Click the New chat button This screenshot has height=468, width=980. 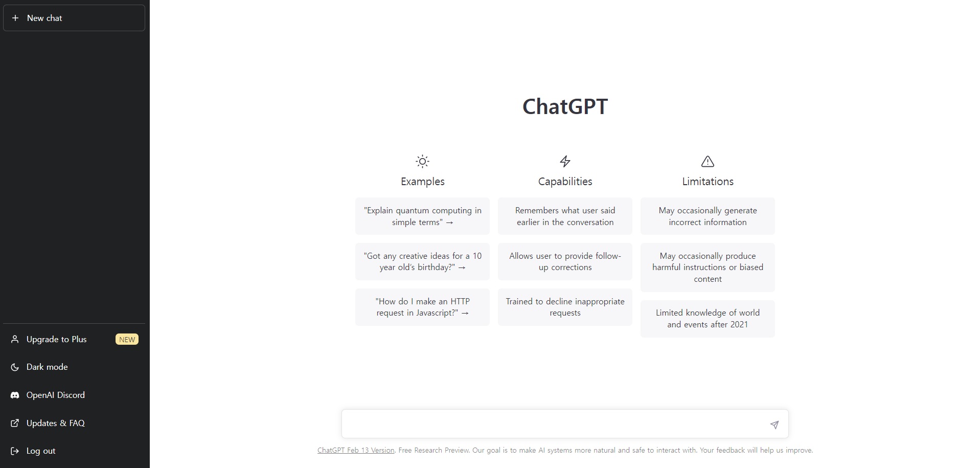pos(74,18)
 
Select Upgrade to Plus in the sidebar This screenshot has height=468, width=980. pos(56,339)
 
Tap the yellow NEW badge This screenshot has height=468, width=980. pos(127,339)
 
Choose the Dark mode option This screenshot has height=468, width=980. pos(47,367)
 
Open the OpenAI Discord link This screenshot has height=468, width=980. pos(55,395)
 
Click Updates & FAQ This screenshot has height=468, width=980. pos(55,423)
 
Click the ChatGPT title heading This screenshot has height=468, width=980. pos(565,106)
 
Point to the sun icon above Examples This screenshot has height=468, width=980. pos(422,162)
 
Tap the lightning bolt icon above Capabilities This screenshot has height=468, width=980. pos(565,162)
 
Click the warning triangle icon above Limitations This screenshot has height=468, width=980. pos(708,162)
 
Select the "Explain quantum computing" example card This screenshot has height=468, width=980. pos(422,216)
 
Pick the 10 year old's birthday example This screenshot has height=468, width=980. pos(422,261)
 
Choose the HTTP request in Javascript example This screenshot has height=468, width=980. pos(422,307)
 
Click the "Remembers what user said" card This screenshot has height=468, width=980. pos(565,216)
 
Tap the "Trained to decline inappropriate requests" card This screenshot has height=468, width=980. pos(565,307)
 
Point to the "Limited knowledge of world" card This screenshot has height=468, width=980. pos(708,319)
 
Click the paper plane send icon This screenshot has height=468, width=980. pos(774,425)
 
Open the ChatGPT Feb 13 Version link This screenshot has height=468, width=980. pos(356,450)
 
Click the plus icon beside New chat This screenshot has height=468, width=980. pos(15,18)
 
